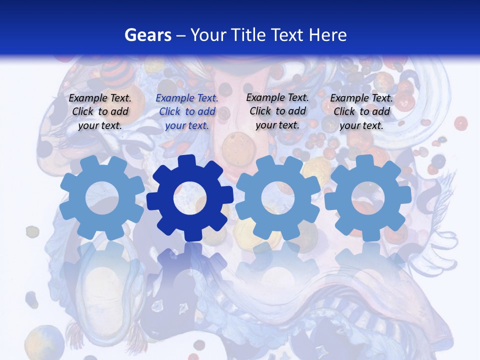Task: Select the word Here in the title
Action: [x=328, y=35]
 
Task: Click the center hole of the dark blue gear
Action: [x=189, y=198]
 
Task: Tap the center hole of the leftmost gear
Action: [x=102, y=197]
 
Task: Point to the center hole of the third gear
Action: [x=277, y=197]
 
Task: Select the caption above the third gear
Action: [x=277, y=111]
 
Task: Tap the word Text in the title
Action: [x=288, y=35]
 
